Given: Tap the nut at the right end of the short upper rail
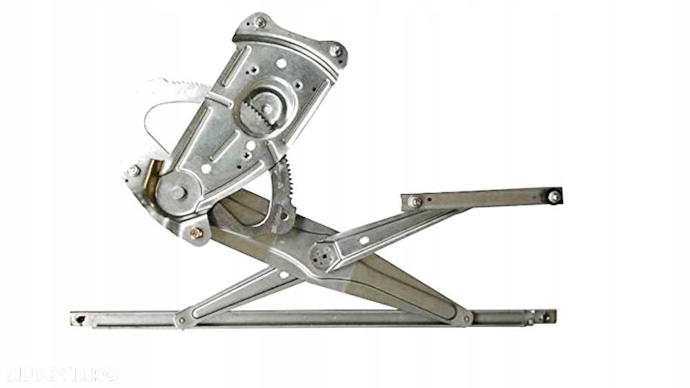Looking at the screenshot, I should tap(553, 197).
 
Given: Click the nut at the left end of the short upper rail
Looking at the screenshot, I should tap(415, 202).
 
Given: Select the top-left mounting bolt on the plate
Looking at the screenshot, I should tap(259, 23).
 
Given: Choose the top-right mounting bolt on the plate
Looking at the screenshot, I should tap(335, 50).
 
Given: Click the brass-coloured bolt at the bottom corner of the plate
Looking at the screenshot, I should tap(197, 233).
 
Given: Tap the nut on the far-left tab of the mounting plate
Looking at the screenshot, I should tap(133, 170).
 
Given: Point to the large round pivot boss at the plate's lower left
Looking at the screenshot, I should tap(177, 193).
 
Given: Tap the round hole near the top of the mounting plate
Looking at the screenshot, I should tap(282, 64).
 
